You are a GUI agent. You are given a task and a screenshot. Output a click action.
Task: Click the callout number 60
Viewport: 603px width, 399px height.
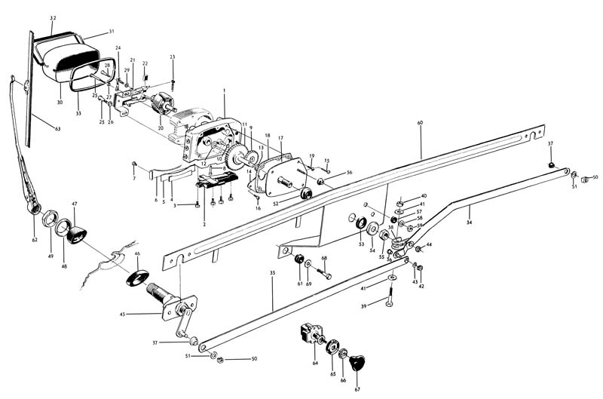420,122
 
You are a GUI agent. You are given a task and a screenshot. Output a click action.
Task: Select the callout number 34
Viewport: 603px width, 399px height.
469,223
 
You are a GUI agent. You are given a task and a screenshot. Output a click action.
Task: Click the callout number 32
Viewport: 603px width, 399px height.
53,17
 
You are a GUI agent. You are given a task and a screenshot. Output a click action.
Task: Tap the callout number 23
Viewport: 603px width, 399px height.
173,57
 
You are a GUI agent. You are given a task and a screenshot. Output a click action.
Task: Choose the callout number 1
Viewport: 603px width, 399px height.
225,91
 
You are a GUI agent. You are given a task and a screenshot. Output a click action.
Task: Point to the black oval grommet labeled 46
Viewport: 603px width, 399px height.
136,275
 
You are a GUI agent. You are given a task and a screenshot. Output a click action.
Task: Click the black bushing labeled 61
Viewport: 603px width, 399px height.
299,260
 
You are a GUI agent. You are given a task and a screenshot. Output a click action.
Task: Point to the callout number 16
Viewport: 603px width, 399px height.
258,207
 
